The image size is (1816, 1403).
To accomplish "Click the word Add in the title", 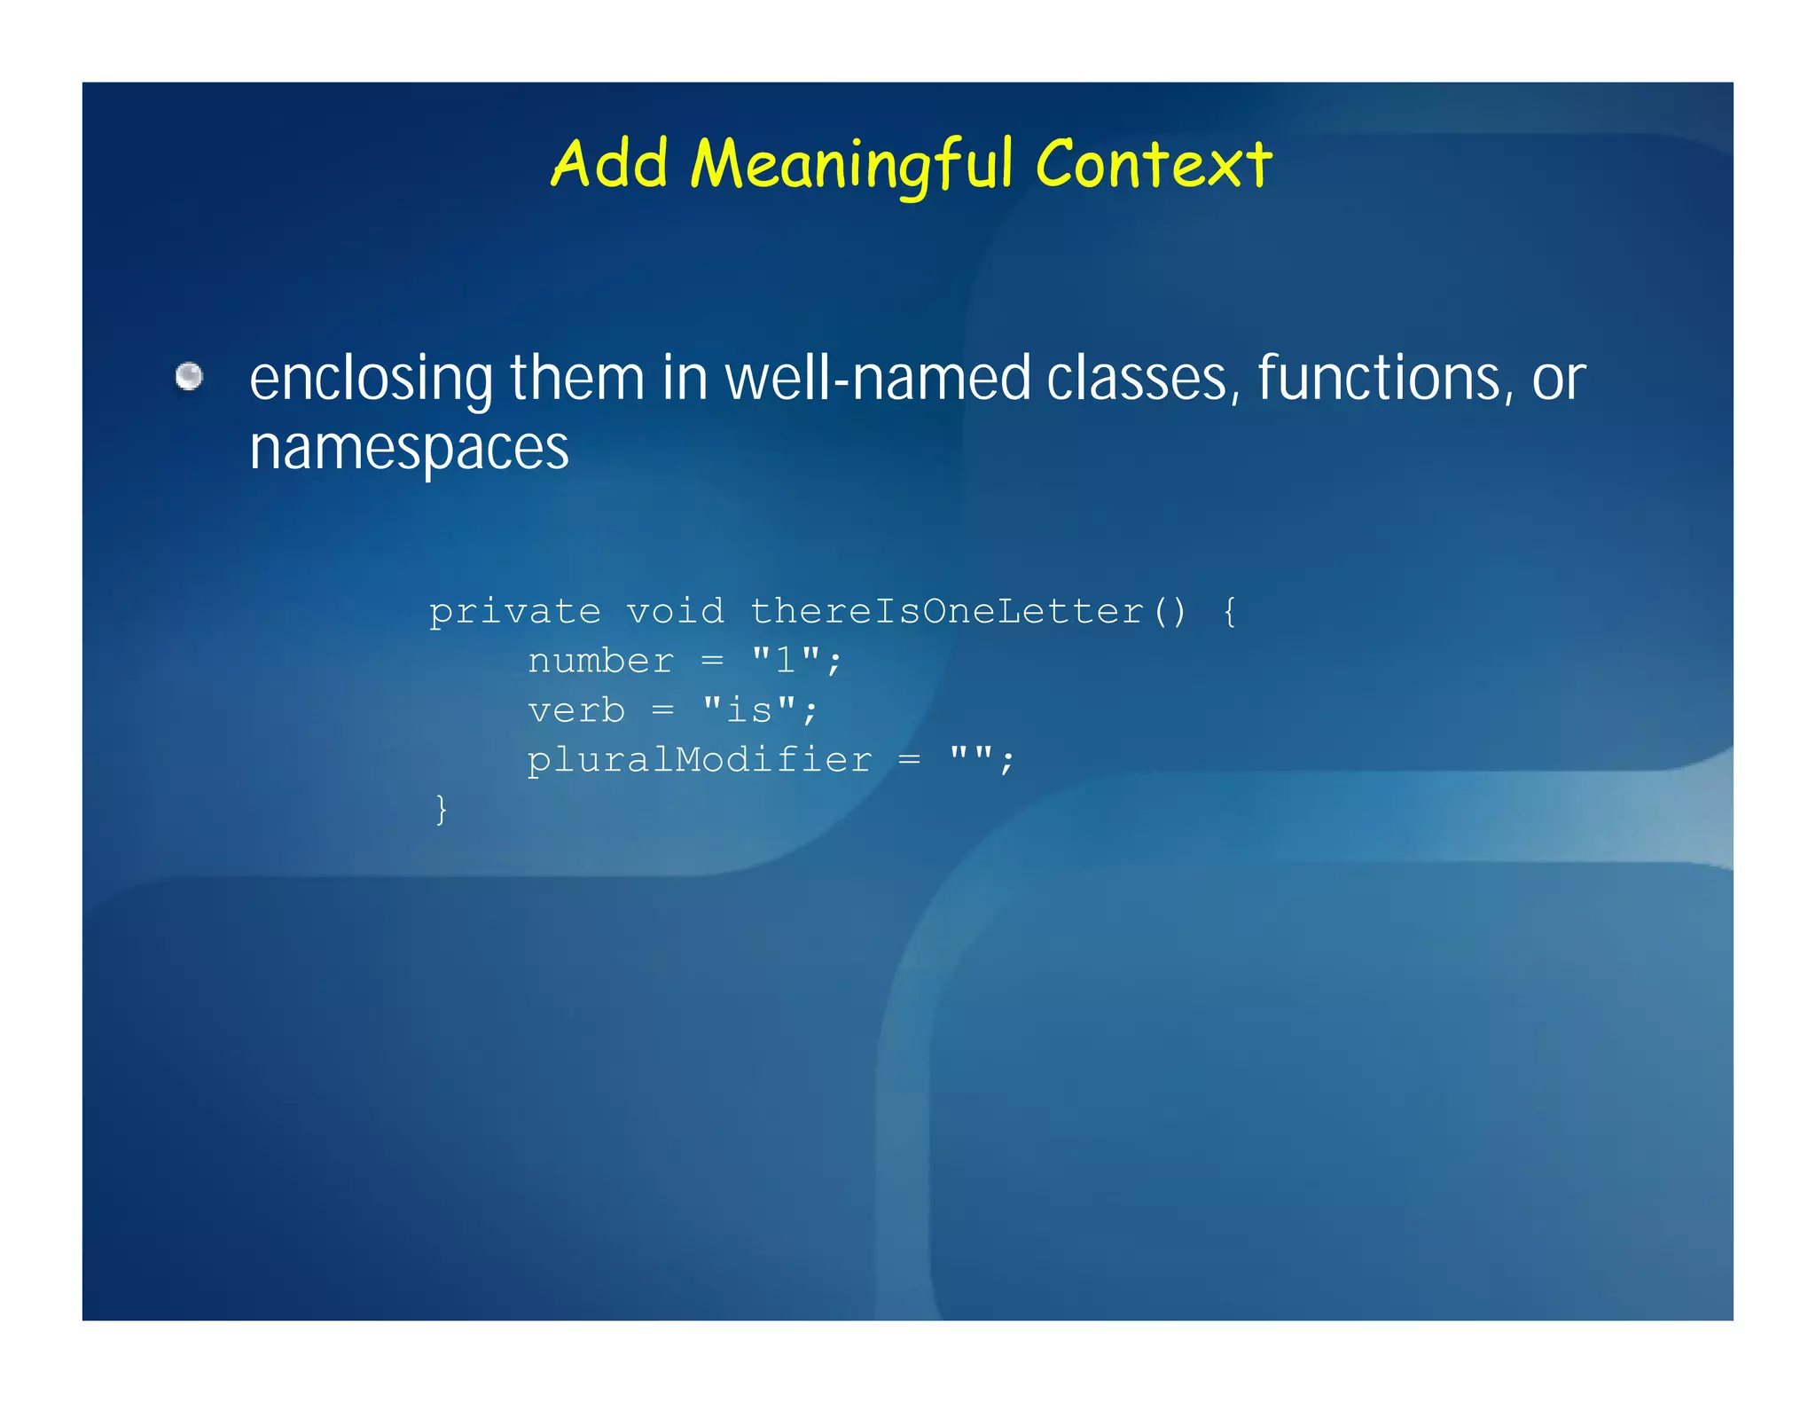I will [x=609, y=164].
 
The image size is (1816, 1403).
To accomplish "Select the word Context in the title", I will [x=1154, y=164].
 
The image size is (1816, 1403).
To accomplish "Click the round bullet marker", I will [x=189, y=376].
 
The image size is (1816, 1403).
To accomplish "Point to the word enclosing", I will [x=371, y=380].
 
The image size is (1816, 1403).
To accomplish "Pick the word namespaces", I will [x=409, y=448].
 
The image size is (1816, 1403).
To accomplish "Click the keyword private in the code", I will [x=515, y=612].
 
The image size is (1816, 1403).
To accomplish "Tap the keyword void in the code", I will [x=675, y=612].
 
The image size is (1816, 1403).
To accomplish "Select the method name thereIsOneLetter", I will [x=947, y=612].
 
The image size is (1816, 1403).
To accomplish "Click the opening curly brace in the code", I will [x=1229, y=612].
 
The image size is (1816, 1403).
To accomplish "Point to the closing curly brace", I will [x=442, y=810].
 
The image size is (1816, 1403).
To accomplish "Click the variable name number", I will [x=600, y=662].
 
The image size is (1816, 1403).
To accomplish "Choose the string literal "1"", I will [x=785, y=661].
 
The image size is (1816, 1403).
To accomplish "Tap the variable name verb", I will [x=576, y=711].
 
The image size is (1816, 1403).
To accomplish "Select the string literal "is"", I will [x=748, y=710].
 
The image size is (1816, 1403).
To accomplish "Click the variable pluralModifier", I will [x=700, y=761].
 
